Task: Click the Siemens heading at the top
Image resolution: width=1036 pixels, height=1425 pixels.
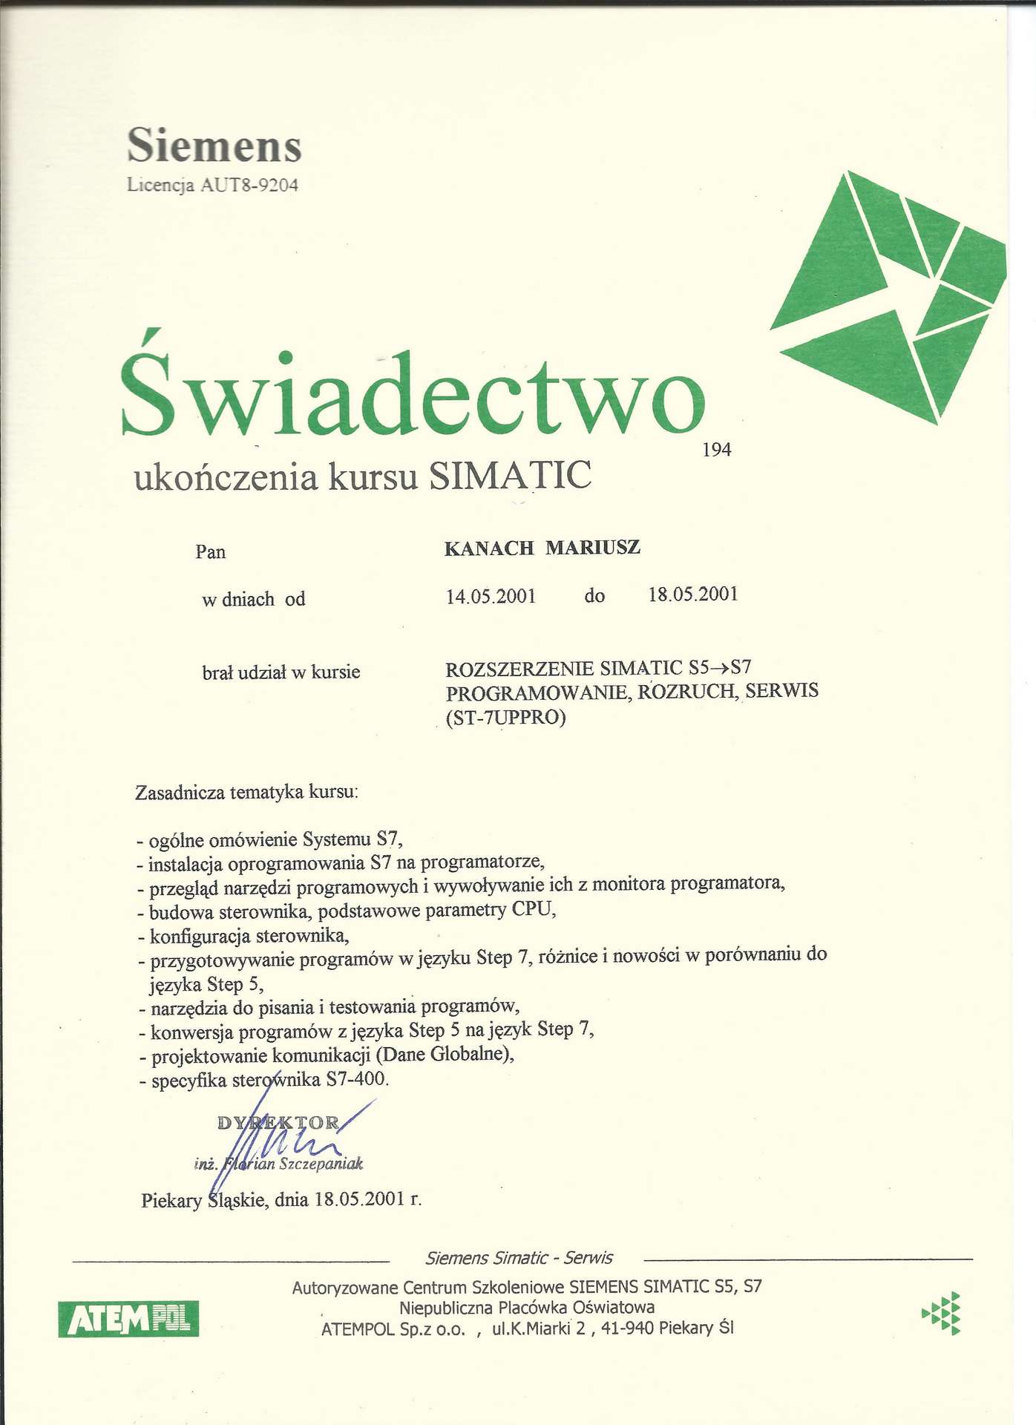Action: pyautogui.click(x=214, y=145)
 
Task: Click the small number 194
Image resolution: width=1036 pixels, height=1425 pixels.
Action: pyautogui.click(x=716, y=450)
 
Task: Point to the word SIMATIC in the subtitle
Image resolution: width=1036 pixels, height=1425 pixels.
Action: pyautogui.click(x=511, y=476)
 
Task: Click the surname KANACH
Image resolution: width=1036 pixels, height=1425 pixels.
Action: pyautogui.click(x=489, y=548)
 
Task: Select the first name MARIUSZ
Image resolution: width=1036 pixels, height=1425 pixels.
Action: pyautogui.click(x=593, y=548)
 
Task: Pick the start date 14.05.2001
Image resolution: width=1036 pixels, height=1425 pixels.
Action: pyautogui.click(x=491, y=596)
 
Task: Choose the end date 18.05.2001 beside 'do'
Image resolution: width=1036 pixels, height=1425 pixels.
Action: pyautogui.click(x=693, y=594)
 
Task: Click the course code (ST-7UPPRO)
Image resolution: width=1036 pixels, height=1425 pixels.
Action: pyautogui.click(x=505, y=718)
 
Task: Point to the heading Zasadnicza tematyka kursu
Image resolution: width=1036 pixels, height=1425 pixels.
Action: pyautogui.click(x=246, y=793)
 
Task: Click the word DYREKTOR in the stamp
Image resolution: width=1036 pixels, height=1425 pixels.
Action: pyautogui.click(x=278, y=1123)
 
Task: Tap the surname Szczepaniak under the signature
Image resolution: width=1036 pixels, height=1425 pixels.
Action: pyautogui.click(x=321, y=1164)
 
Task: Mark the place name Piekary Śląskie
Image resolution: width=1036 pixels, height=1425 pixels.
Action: pyautogui.click(x=203, y=1200)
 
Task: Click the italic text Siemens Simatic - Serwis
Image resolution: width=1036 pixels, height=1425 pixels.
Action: pyautogui.click(x=519, y=1258)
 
